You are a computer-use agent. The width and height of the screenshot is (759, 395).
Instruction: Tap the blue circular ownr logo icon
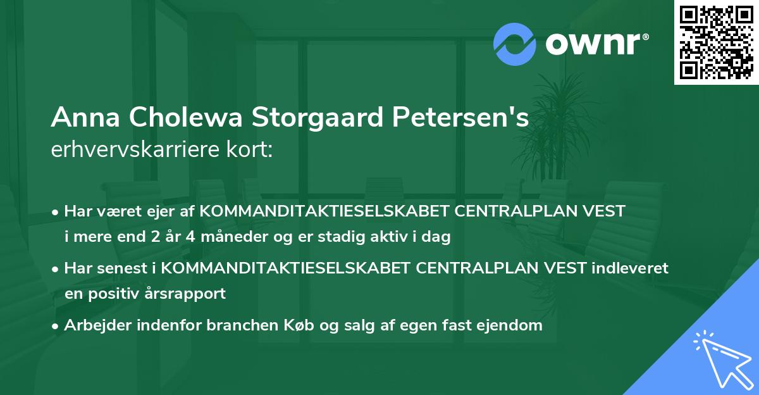tap(515, 44)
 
